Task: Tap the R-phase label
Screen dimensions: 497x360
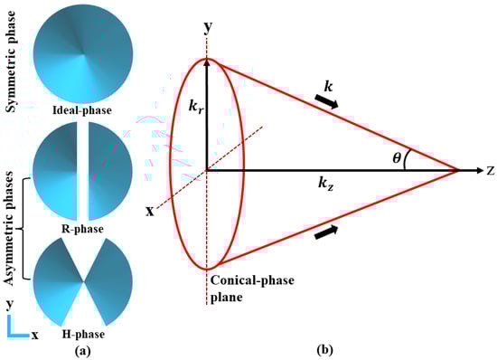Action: coord(82,229)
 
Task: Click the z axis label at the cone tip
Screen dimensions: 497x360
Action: coord(488,169)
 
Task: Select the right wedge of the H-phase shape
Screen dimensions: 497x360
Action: coord(111,284)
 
